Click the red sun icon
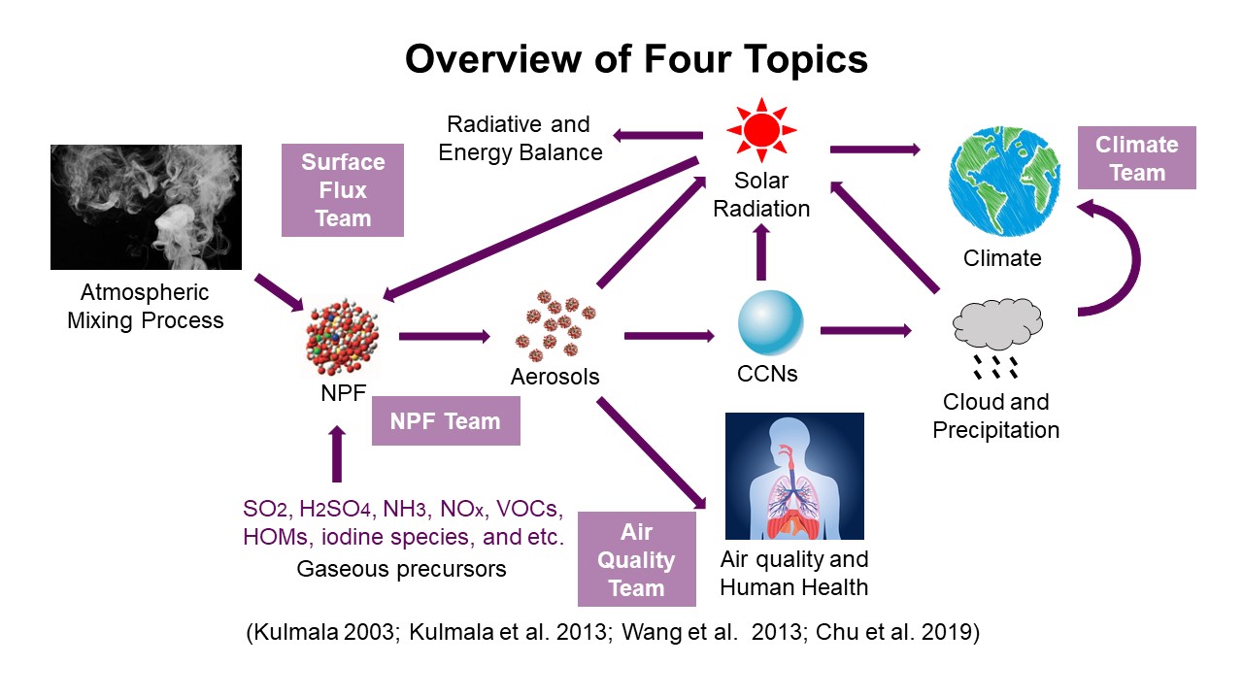(761, 132)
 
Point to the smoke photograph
(146, 207)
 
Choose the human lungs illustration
(794, 476)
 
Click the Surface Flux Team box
(342, 190)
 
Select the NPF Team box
(446, 421)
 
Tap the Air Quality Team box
(636, 559)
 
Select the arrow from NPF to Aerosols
(445, 337)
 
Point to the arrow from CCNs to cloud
(866, 331)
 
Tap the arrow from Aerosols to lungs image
(650, 451)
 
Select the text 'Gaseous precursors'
(401, 569)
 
